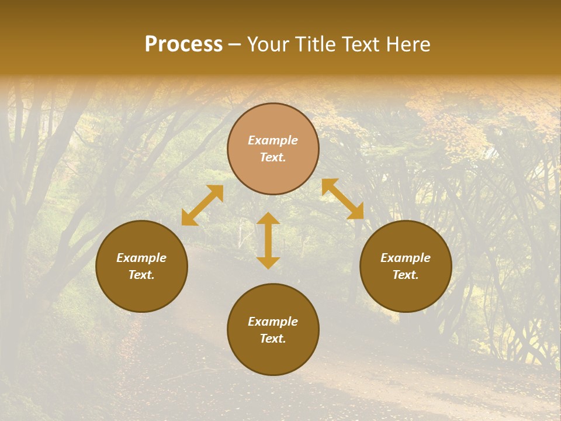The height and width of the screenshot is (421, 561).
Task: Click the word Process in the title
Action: coord(183,44)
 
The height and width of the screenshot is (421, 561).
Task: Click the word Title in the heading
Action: coord(314,44)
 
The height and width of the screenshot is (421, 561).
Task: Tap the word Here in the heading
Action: coord(407,44)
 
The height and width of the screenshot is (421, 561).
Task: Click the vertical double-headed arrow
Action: coord(268,240)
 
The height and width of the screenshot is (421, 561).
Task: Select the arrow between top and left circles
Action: coord(202,205)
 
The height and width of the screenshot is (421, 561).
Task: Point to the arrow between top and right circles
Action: coord(342,199)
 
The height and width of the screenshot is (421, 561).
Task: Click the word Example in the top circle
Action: coord(273,140)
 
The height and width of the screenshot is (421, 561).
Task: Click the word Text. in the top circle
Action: coord(273,157)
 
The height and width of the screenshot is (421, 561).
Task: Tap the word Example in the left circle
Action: coord(141,258)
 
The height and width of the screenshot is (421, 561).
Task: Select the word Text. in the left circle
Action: coord(141,275)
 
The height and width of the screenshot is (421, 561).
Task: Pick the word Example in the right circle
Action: coord(406,258)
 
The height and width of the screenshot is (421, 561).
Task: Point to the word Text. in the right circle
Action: coord(406,275)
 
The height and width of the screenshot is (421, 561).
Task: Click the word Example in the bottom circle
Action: coord(273,322)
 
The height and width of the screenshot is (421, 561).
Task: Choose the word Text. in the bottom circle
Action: coord(273,339)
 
